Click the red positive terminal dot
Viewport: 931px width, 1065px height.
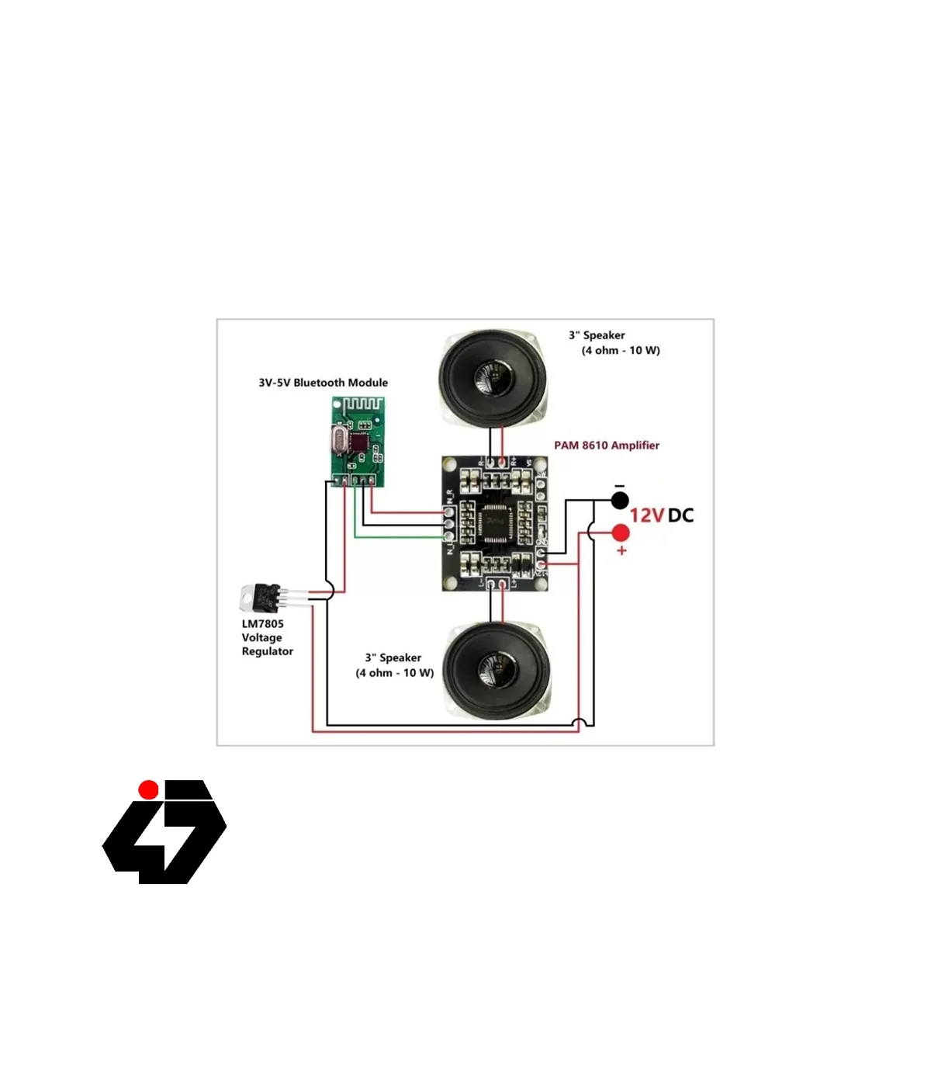621,533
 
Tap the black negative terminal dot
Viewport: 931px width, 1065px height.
619,501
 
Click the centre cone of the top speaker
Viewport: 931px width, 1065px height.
493,378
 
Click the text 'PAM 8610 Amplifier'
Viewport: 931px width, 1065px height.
606,446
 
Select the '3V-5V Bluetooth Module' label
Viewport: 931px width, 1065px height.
323,383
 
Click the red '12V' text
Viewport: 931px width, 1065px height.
646,515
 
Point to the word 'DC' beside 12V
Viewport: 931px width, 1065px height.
680,515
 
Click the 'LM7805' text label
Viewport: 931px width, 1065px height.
262,624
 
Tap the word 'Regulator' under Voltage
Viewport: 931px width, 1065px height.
267,651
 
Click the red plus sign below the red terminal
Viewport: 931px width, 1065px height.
621,551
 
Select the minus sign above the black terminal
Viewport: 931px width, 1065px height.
619,487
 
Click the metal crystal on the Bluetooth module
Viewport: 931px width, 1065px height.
338,441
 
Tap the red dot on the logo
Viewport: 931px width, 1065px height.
148,789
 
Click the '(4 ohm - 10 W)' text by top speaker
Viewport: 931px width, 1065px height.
621,351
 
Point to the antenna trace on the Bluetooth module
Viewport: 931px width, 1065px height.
363,404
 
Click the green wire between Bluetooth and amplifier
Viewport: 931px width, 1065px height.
396,536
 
